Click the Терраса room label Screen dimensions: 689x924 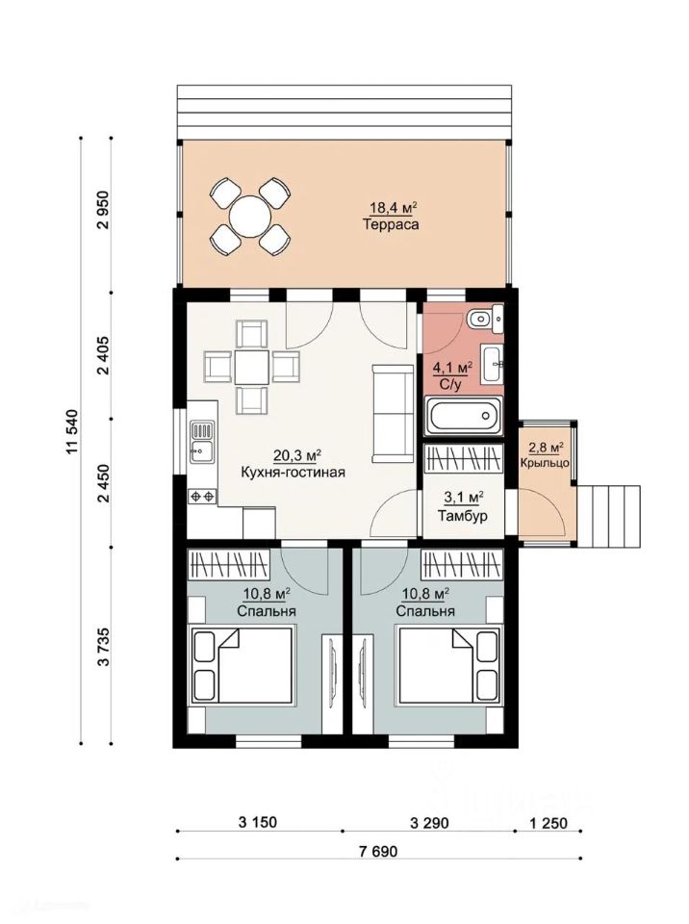[x=391, y=224]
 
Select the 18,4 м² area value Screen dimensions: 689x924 [x=394, y=208]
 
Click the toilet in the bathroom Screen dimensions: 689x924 [x=485, y=319]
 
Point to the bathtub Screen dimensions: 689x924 [x=463, y=416]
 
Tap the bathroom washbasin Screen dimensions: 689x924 [x=492, y=365]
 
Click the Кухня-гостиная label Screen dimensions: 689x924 [x=293, y=472]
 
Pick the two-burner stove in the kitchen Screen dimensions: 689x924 [x=202, y=497]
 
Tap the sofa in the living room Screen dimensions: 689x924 [x=393, y=413]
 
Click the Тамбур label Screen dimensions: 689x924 [x=463, y=516]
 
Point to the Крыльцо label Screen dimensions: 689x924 [x=545, y=463]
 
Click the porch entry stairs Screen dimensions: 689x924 [x=609, y=517]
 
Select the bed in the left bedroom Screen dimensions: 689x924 [x=241, y=665]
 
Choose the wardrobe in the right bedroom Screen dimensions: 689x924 [x=462, y=565]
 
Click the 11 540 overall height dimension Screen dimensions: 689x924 [x=72, y=431]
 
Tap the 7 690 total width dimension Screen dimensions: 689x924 [x=378, y=851]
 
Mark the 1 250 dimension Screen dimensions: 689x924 [x=549, y=823]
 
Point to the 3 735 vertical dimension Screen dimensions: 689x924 [x=104, y=647]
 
